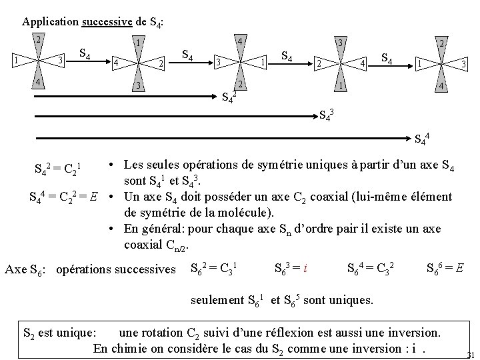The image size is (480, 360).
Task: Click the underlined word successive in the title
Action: tap(106, 21)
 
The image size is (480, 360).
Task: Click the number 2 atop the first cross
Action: tap(39, 40)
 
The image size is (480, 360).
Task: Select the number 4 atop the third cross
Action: tap(238, 41)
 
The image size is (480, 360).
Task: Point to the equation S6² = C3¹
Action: tap(213, 269)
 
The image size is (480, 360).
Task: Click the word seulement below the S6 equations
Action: tap(217, 300)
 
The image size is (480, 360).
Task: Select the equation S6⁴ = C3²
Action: tap(371, 269)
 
